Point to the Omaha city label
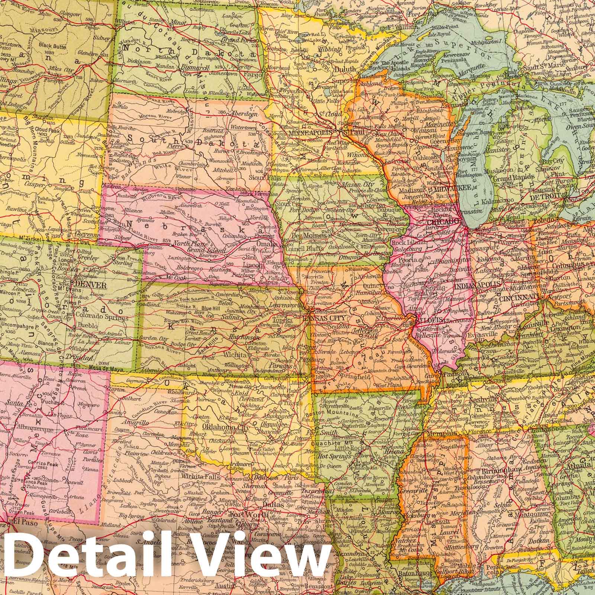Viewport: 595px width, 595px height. tap(273, 244)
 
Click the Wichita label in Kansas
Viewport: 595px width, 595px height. tap(235, 355)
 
